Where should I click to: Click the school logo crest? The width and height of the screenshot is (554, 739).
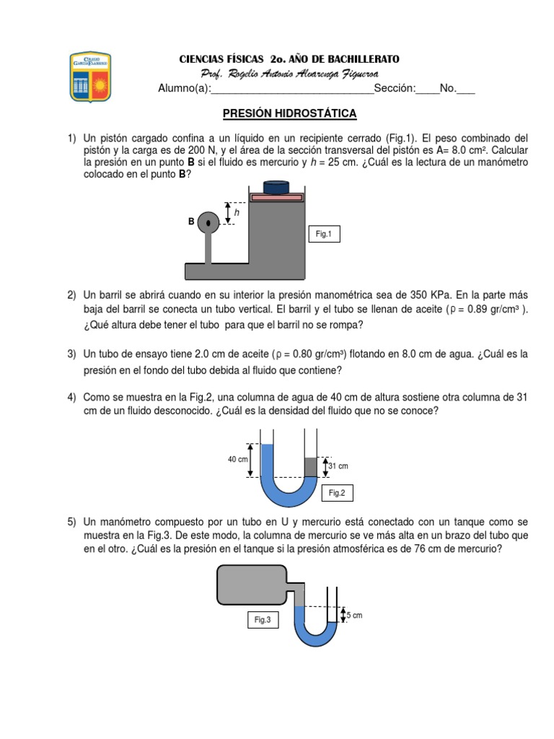tap(90, 77)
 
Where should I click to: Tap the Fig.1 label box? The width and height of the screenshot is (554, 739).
tap(323, 235)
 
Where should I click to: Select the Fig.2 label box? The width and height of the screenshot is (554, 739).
tap(338, 493)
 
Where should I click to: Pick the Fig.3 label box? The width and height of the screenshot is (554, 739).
tap(263, 620)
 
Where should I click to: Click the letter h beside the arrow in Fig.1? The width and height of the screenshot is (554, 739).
tap(237, 213)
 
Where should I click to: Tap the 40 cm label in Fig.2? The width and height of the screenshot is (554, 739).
tap(238, 460)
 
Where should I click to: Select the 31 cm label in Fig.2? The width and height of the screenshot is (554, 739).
tap(338, 466)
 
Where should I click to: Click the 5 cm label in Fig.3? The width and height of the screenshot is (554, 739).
tap(354, 615)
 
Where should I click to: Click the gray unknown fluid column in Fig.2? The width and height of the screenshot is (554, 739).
tap(310, 467)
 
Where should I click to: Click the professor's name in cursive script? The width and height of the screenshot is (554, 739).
tap(290, 74)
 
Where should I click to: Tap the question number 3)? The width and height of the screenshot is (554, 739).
tap(72, 354)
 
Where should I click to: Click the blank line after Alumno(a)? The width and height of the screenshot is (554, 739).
tap(292, 89)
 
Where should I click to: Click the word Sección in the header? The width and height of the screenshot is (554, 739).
tap(395, 89)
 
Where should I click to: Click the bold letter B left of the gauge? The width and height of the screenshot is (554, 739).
tap(191, 222)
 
